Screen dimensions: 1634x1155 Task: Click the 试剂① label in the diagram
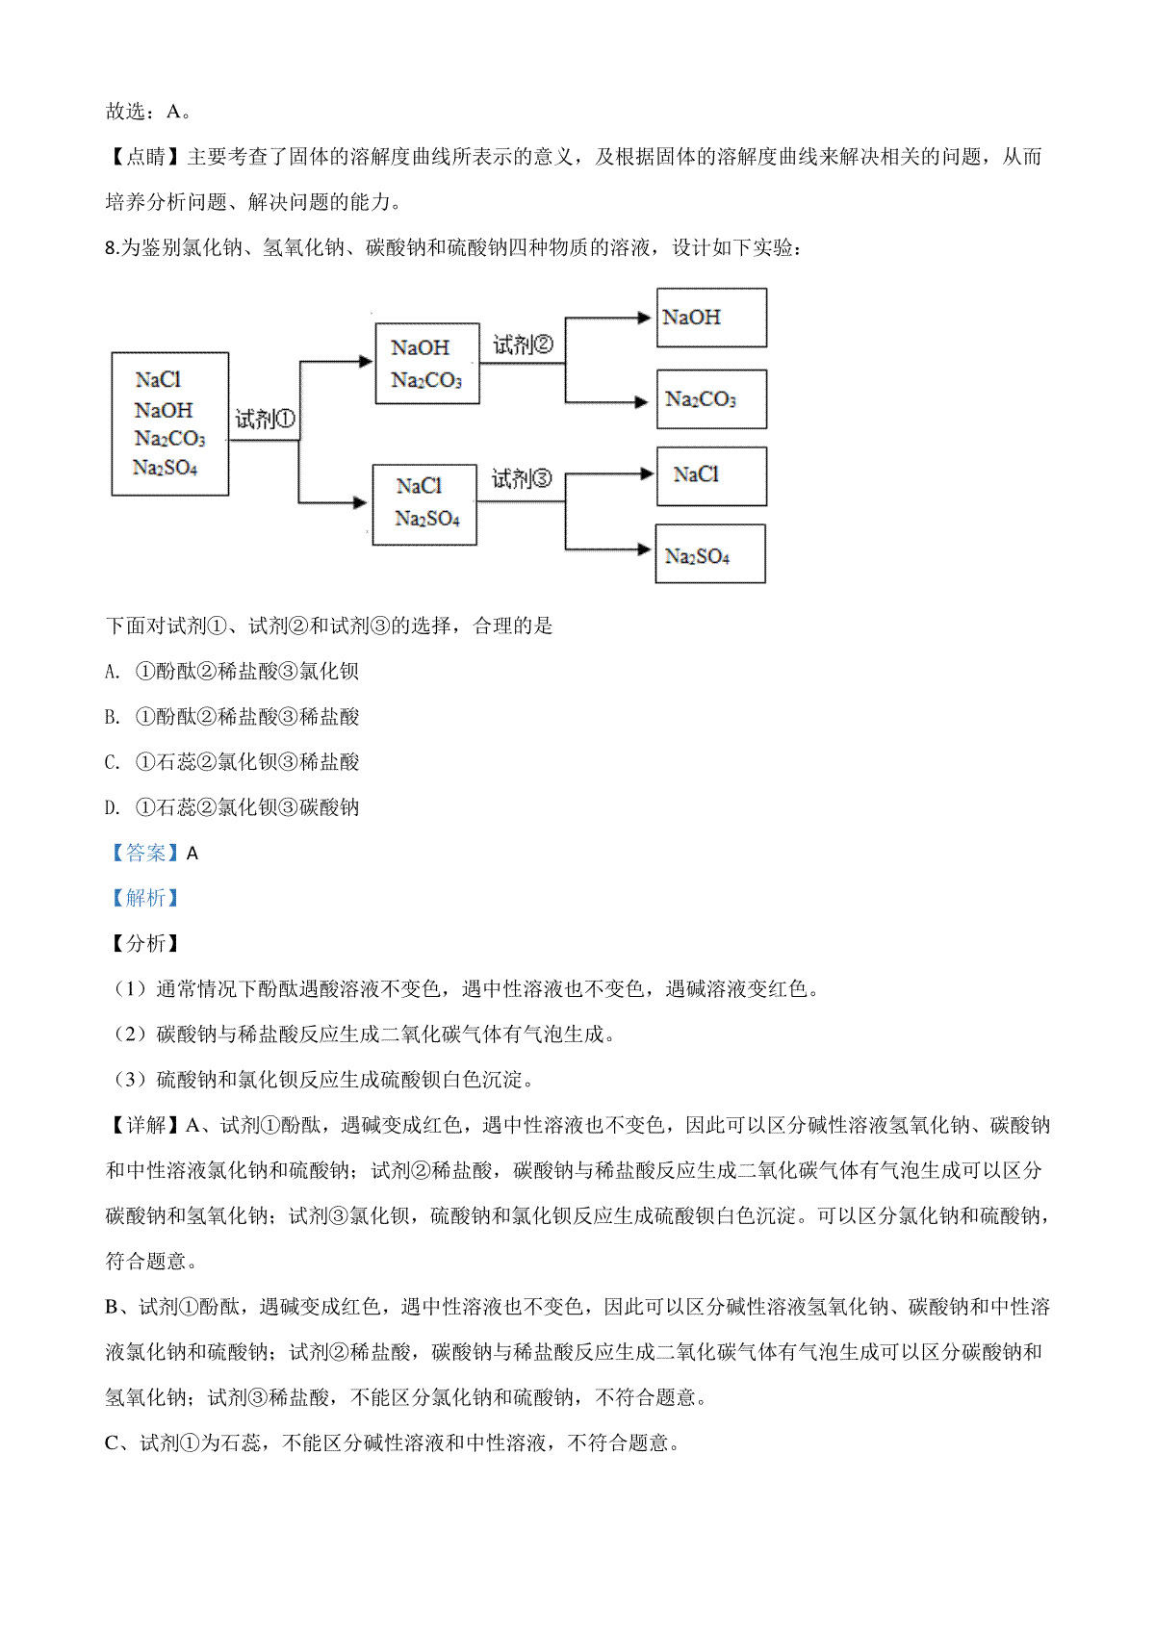tap(265, 420)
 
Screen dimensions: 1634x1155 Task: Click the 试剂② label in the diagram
tap(523, 345)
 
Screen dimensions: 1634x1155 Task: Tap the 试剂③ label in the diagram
tap(522, 478)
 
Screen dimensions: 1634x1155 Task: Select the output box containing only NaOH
tap(711, 318)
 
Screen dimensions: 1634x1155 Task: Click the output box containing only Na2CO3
tap(711, 399)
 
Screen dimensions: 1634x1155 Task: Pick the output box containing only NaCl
tap(711, 475)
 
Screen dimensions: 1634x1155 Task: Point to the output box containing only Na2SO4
tap(710, 554)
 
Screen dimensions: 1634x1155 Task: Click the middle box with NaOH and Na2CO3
tap(426, 364)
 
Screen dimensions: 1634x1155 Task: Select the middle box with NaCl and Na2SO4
tap(424, 504)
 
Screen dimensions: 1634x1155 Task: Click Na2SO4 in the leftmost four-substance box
tap(166, 469)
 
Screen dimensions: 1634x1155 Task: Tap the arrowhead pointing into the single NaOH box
tap(645, 318)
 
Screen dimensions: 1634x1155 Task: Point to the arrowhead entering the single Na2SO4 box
tap(645, 549)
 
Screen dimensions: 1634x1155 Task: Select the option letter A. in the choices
tap(113, 672)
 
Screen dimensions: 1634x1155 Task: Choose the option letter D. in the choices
tap(113, 807)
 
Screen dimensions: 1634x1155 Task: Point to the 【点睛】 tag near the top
tap(144, 157)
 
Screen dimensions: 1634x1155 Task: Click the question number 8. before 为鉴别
tap(112, 248)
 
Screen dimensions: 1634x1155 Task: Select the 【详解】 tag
tap(144, 1125)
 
